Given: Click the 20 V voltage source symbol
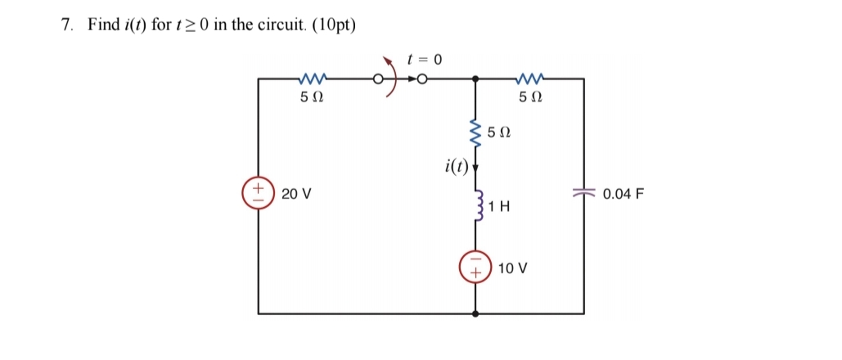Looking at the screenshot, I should tap(259, 195).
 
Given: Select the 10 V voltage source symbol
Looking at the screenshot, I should tap(475, 268).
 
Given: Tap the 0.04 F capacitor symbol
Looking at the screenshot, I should tap(583, 195).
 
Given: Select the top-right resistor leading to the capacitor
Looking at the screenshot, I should tap(530, 79).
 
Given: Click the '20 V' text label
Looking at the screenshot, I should tap(295, 195).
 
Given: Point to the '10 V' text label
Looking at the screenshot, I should tap(513, 268).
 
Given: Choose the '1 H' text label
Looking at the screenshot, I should tap(500, 208).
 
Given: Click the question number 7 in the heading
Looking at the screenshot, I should tap(65, 25).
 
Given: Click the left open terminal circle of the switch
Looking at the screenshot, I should tap(378, 79).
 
